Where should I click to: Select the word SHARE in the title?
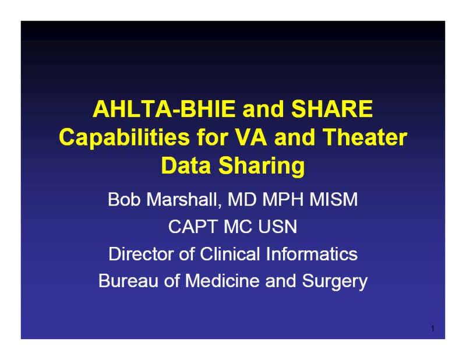(332, 109)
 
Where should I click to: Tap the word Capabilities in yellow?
(124, 138)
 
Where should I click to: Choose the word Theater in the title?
(365, 137)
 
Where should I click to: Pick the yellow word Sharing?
(262, 167)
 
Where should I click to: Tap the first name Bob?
(124, 199)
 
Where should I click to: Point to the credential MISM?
(334, 199)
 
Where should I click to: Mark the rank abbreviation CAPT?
(193, 227)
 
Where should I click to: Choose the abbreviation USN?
(278, 227)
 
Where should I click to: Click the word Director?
(141, 254)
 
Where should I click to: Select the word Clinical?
(230, 254)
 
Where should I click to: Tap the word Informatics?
(312, 254)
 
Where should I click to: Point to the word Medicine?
(222, 281)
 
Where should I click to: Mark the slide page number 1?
(433, 329)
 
